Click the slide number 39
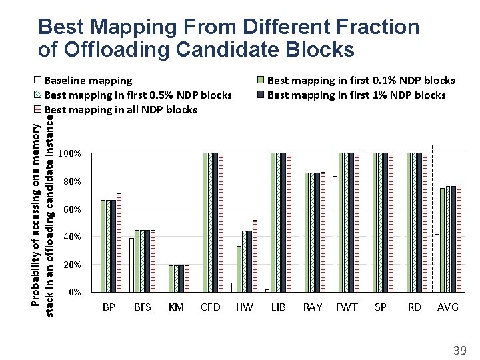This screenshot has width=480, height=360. click(459, 350)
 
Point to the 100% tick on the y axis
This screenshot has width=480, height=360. click(69, 154)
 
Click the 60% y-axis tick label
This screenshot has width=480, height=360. click(71, 209)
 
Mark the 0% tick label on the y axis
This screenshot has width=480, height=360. click(74, 293)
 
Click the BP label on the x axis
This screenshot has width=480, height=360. click(109, 307)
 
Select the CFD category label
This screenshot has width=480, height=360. click(211, 307)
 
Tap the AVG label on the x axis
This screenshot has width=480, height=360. click(448, 307)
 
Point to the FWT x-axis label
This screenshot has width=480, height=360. click(347, 307)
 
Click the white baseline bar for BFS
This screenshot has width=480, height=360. click(132, 265)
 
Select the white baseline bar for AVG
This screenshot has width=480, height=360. click(437, 263)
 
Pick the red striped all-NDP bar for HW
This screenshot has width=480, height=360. click(255, 256)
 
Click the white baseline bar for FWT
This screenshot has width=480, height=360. click(335, 234)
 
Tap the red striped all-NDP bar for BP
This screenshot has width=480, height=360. click(119, 243)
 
